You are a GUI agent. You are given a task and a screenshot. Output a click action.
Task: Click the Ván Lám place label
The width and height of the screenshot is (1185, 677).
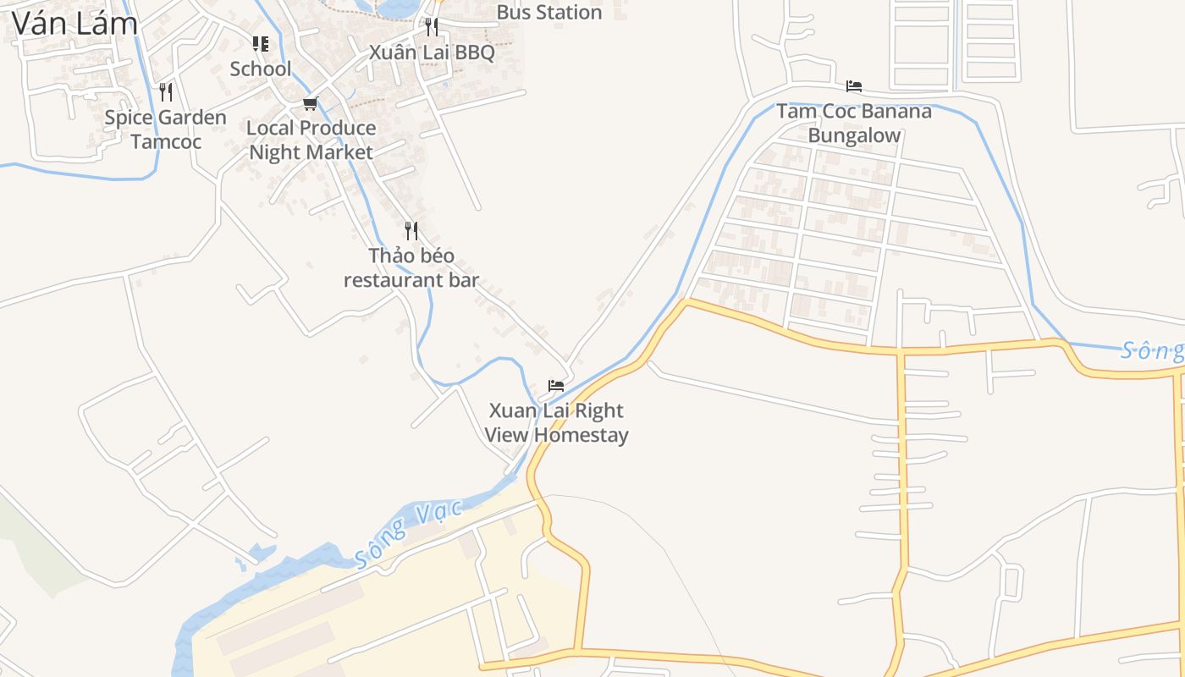point(74,23)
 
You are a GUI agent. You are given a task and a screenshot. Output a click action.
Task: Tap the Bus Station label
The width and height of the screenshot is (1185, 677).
point(549,13)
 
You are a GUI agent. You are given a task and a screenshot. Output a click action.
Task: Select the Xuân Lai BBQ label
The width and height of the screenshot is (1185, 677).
point(432,52)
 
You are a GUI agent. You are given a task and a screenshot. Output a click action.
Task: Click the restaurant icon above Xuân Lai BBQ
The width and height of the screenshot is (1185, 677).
point(432,26)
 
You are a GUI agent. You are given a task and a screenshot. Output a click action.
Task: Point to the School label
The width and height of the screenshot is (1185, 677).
point(261,69)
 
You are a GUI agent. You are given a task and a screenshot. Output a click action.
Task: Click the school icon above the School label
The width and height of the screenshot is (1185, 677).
point(261,43)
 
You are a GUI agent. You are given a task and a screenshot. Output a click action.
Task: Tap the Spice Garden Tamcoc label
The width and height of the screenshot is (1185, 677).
point(166,129)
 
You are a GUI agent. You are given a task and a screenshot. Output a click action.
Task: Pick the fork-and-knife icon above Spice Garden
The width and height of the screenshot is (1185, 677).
point(166,91)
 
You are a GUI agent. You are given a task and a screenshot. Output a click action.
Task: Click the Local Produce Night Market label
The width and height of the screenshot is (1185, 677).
point(311,140)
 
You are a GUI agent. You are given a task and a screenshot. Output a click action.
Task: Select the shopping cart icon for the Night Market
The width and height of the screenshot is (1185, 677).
point(310,103)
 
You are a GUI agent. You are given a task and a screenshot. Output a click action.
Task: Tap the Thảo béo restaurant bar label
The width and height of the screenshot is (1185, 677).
point(411,267)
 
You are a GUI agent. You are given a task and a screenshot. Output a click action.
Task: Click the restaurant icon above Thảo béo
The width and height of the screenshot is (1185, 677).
point(411,230)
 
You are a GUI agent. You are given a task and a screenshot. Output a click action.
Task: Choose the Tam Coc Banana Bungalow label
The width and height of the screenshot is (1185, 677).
point(854,123)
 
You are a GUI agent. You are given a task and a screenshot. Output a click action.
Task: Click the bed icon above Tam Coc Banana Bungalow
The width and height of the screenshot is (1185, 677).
point(854,85)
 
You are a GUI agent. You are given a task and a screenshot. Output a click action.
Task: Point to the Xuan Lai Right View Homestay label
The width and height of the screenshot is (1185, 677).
point(556,422)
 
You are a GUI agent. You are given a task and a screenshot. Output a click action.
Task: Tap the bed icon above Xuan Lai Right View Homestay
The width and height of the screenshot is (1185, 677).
point(556,385)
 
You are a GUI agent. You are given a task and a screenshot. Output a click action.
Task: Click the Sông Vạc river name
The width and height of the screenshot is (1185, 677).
point(409,534)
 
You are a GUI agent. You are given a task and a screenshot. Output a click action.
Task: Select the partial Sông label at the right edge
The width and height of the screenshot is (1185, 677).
point(1151,350)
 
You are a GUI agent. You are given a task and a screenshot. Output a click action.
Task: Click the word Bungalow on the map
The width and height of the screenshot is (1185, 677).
point(854,135)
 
